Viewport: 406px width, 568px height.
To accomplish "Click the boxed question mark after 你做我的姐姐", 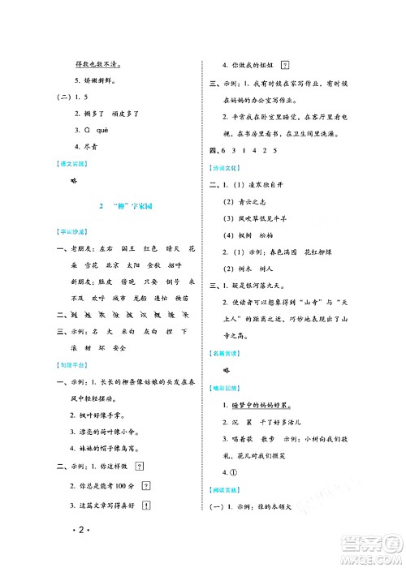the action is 285,66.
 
